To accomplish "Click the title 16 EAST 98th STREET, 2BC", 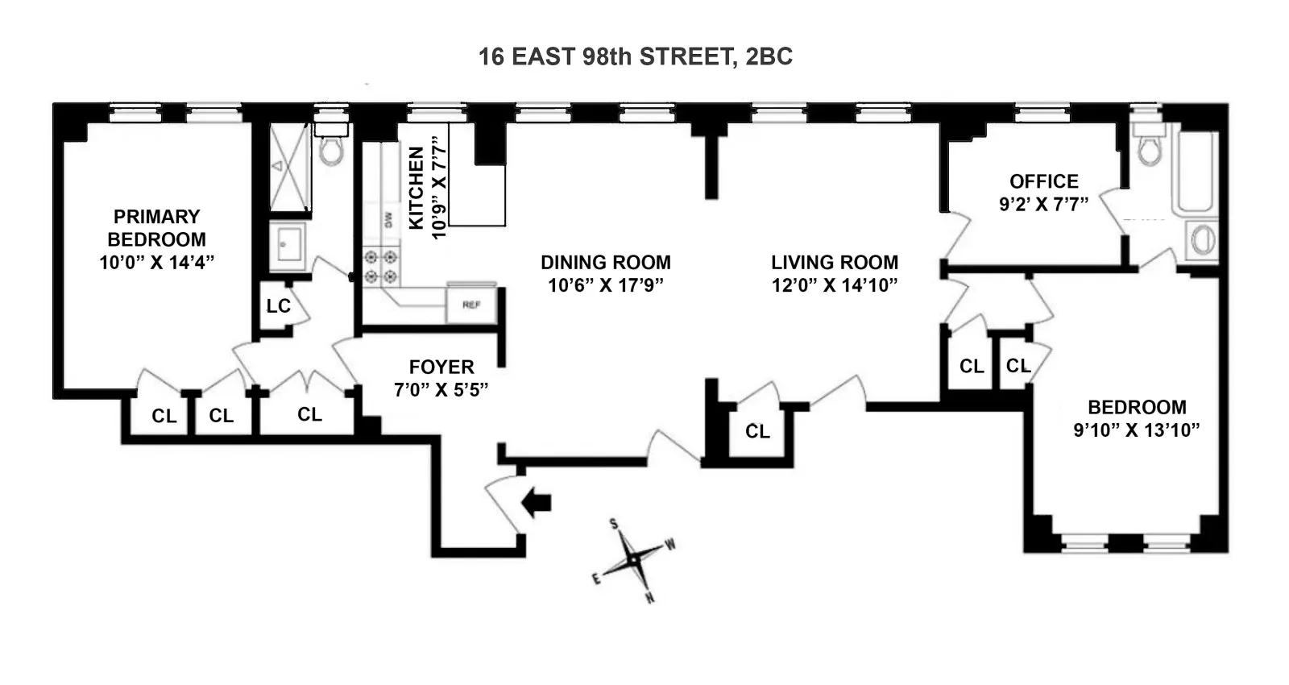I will [x=636, y=56].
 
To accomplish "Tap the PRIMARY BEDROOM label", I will [x=156, y=228].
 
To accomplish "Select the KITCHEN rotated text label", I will [x=416, y=188].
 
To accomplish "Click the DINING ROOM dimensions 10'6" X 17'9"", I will [x=606, y=285].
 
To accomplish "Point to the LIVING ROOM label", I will [x=834, y=263].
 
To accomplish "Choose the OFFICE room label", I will [x=1044, y=181].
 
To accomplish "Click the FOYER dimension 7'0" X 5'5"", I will [x=441, y=390].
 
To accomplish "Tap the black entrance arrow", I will [x=537, y=503].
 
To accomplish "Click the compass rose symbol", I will [x=634, y=558].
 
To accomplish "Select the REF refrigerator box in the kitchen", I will [x=471, y=305].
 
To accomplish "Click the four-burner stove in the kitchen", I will [x=380, y=267].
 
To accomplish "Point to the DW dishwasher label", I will [x=388, y=219].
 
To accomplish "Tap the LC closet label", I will [x=278, y=306].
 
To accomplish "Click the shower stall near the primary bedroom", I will [x=288, y=167].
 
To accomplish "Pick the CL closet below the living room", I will [x=757, y=432].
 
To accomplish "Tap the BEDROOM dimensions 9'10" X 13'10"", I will [x=1136, y=430].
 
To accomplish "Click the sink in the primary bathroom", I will [x=288, y=243].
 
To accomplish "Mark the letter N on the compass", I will [x=649, y=598].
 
